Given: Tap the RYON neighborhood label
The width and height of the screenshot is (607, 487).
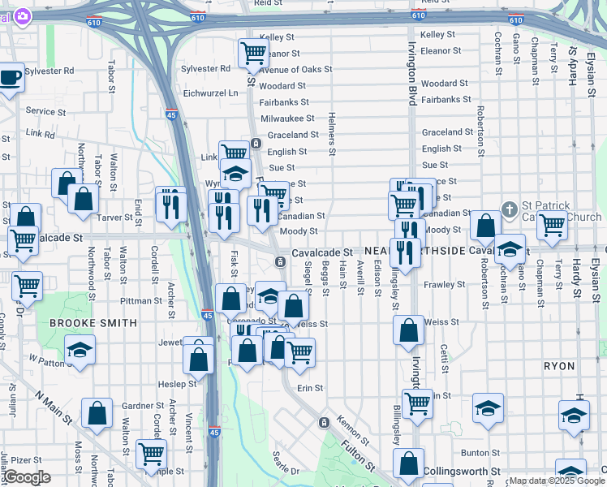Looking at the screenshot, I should pos(559,366).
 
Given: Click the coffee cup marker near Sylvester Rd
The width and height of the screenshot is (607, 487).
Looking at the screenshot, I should pos(10,79).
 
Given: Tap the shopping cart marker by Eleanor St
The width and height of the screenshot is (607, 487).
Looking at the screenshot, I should pos(253,54).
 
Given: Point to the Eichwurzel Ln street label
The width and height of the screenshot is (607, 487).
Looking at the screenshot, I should pos(211,93).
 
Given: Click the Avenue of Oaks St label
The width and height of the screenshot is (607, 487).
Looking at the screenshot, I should pos(296,70).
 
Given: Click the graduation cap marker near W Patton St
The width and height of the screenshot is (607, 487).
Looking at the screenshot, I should pos(80,351).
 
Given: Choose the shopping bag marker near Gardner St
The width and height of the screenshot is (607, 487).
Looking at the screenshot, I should pos(97,413).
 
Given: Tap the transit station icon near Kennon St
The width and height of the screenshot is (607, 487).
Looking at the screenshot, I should pos(324,422).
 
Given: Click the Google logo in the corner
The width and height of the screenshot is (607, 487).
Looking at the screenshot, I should pos(27,478).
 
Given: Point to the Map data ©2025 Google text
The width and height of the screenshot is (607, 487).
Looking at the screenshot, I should pos(557,481).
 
